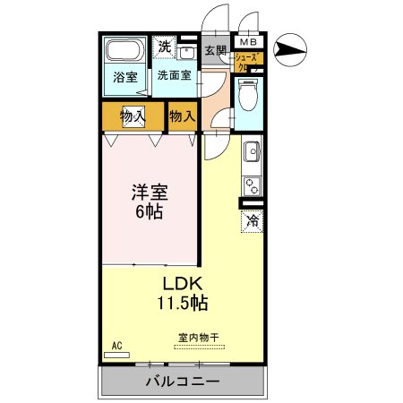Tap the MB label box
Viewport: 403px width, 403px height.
click(x=246, y=41)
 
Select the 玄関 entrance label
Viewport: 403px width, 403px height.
click(x=215, y=51)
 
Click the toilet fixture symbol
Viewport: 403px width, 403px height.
click(x=248, y=93)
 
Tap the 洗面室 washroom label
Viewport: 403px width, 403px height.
click(x=174, y=75)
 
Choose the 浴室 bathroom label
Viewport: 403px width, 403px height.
click(x=124, y=77)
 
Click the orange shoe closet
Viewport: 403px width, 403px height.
click(x=245, y=63)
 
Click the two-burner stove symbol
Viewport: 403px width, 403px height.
click(x=252, y=186)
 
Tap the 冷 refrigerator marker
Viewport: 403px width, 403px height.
click(x=252, y=218)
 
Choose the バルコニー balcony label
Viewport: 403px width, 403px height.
click(x=183, y=382)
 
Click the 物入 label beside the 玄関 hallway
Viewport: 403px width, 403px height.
click(x=183, y=116)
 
